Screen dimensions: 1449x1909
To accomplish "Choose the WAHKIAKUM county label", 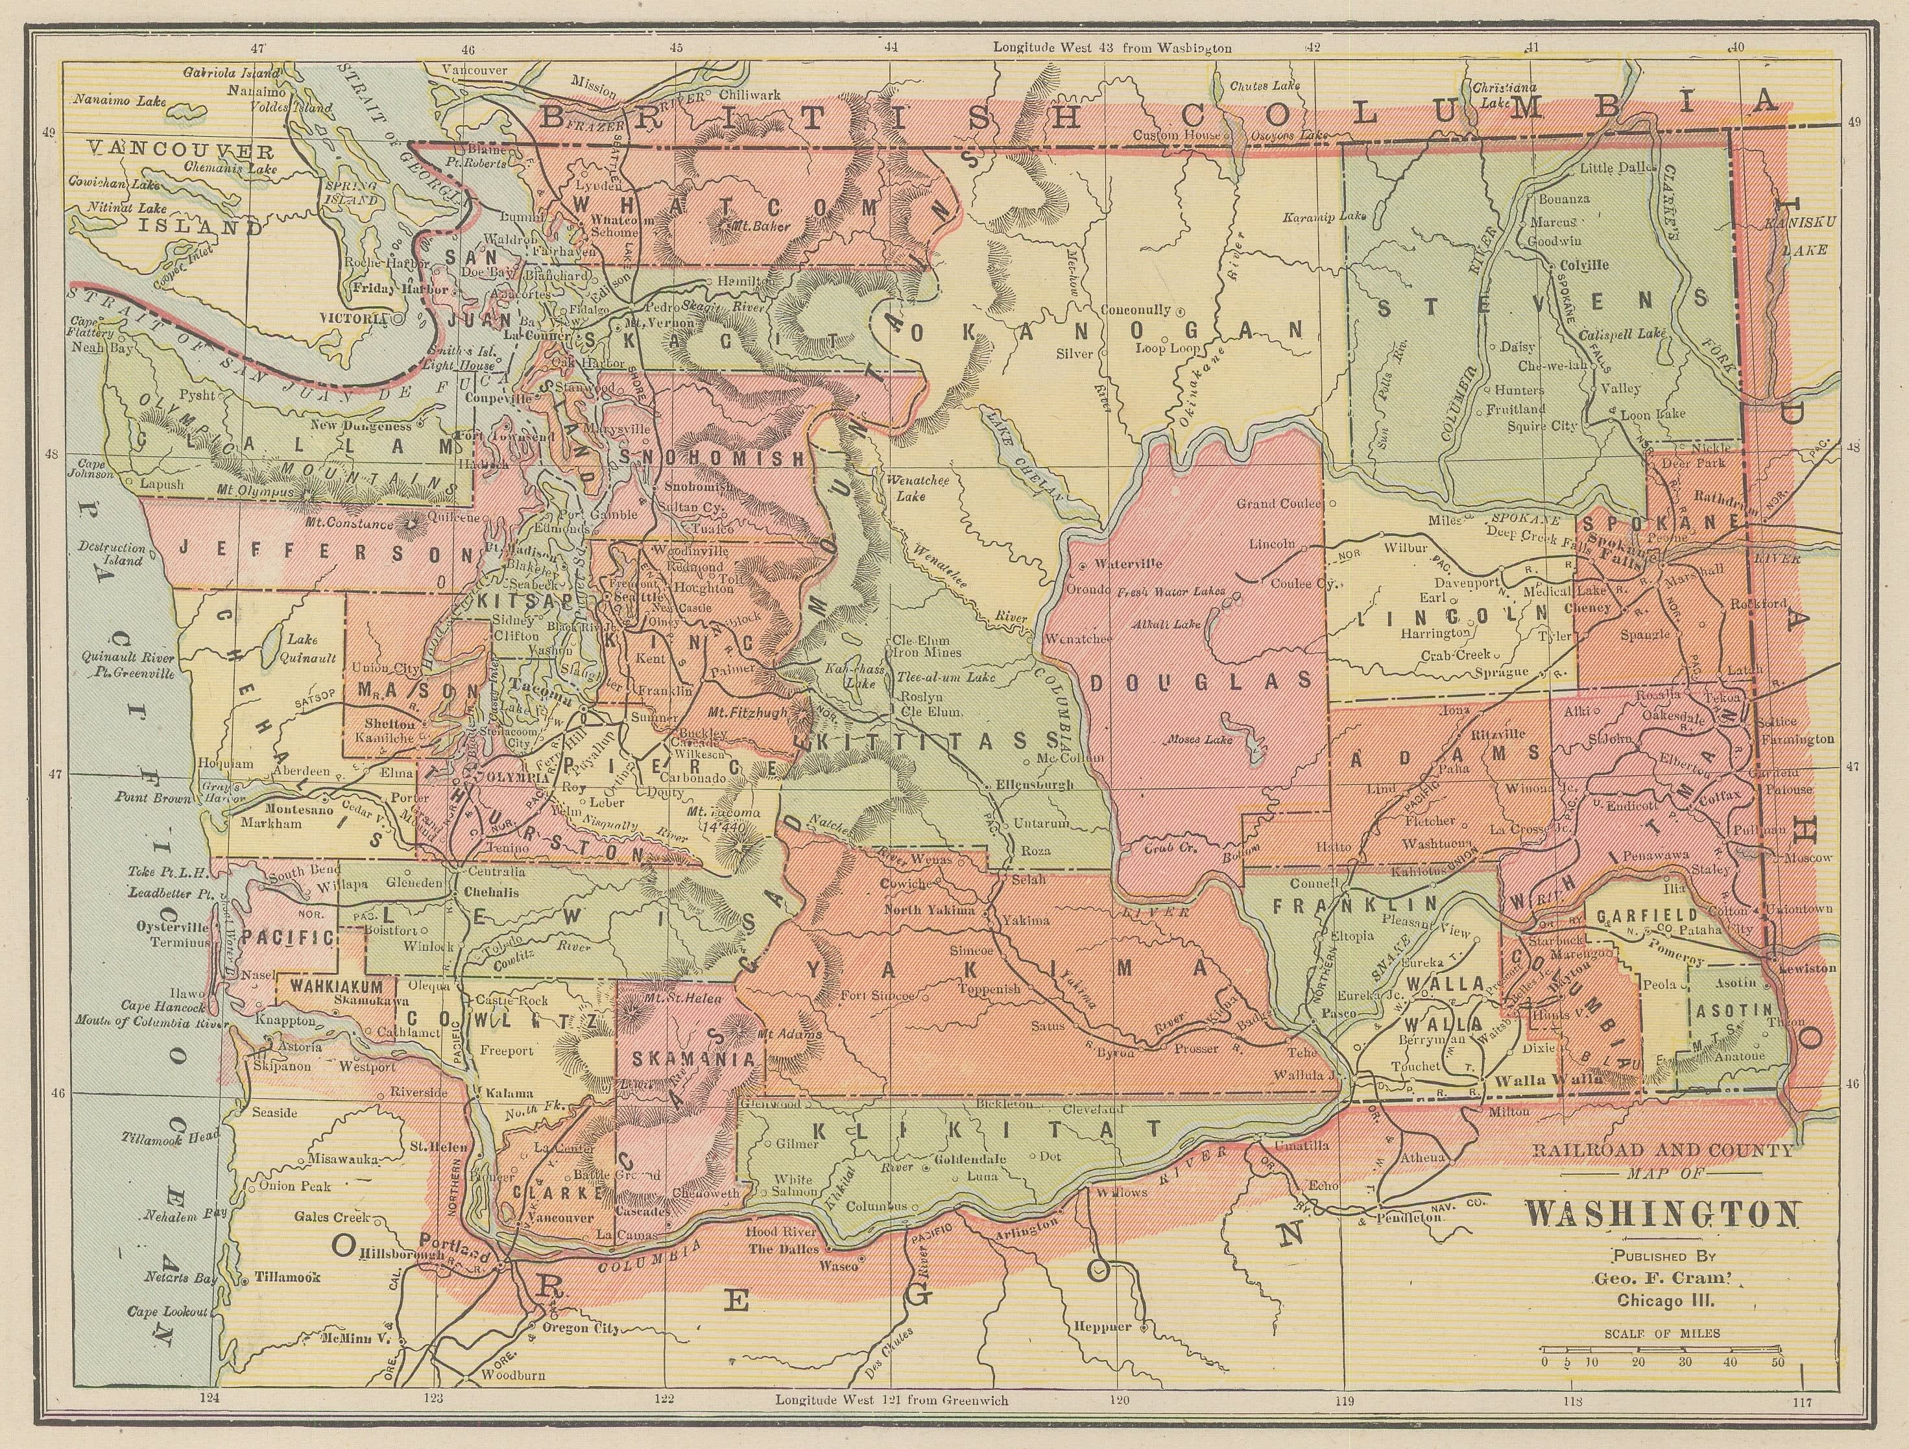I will [x=336, y=985].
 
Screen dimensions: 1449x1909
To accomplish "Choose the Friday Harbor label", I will [x=385, y=288].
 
